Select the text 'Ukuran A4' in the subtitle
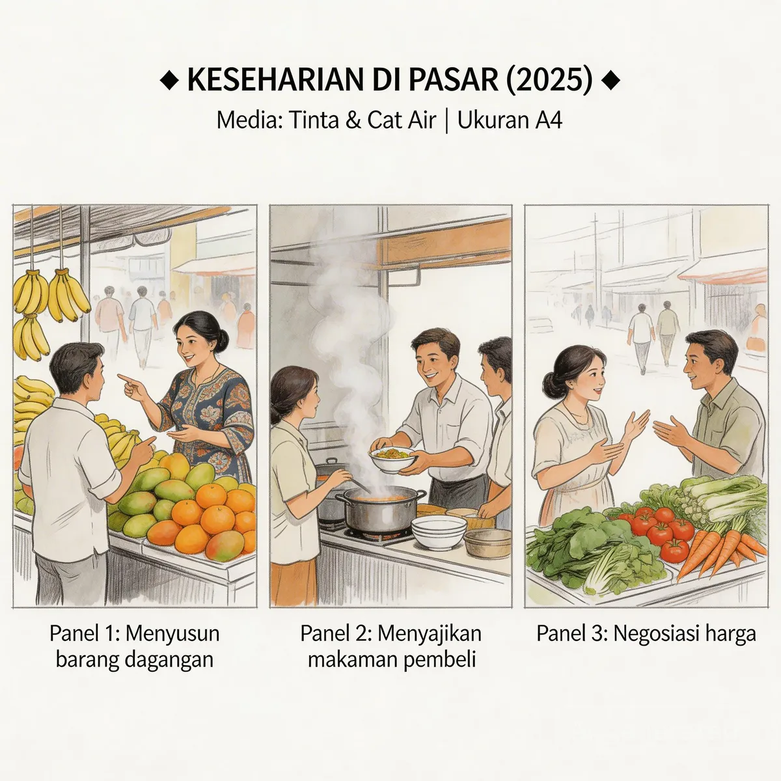coord(510,120)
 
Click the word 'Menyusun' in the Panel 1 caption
coord(172,633)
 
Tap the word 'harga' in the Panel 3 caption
coord(728,633)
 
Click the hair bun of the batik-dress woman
coord(223,338)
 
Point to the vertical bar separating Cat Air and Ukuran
coord(446,120)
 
